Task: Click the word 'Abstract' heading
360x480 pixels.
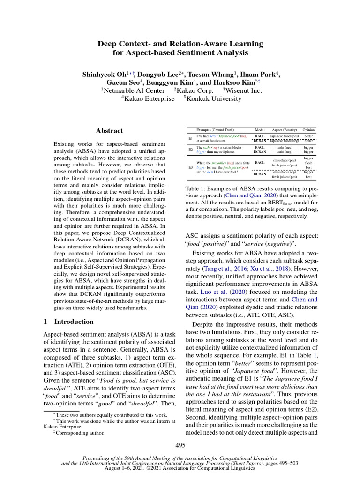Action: pos(109,131)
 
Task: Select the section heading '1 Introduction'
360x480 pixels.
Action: pos(68,322)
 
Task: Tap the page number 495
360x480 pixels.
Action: pos(180,445)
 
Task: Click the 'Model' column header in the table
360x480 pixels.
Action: pos(259,129)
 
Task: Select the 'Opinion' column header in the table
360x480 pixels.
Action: pos(308,129)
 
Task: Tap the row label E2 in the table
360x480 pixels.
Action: pos(190,150)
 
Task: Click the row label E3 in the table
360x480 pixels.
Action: pos(190,167)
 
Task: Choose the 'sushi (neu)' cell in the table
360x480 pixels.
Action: pos(286,147)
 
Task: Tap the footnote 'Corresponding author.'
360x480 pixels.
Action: pos(80,433)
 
